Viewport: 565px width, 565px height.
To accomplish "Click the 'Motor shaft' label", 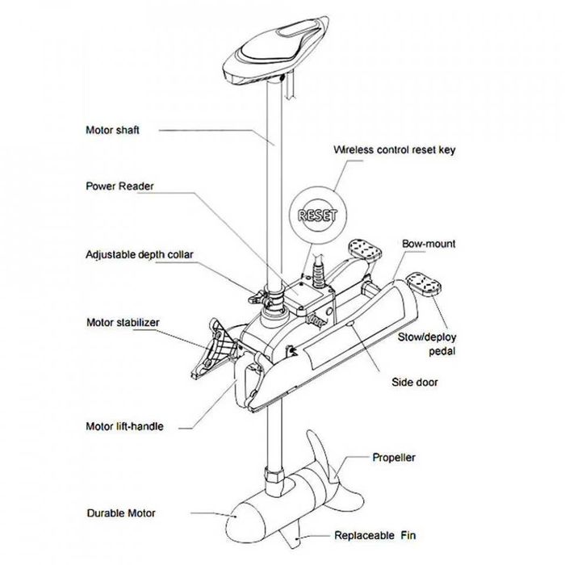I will click(113, 129).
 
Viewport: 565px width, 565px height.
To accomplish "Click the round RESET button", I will click(317, 216).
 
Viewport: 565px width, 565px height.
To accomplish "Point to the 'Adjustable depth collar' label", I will click(140, 254).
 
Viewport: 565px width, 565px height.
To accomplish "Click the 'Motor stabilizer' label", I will click(123, 322).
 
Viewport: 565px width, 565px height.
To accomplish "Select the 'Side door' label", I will click(416, 382).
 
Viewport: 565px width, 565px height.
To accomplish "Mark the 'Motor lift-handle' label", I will click(124, 425).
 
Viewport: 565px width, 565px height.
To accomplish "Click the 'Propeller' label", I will click(393, 458).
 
